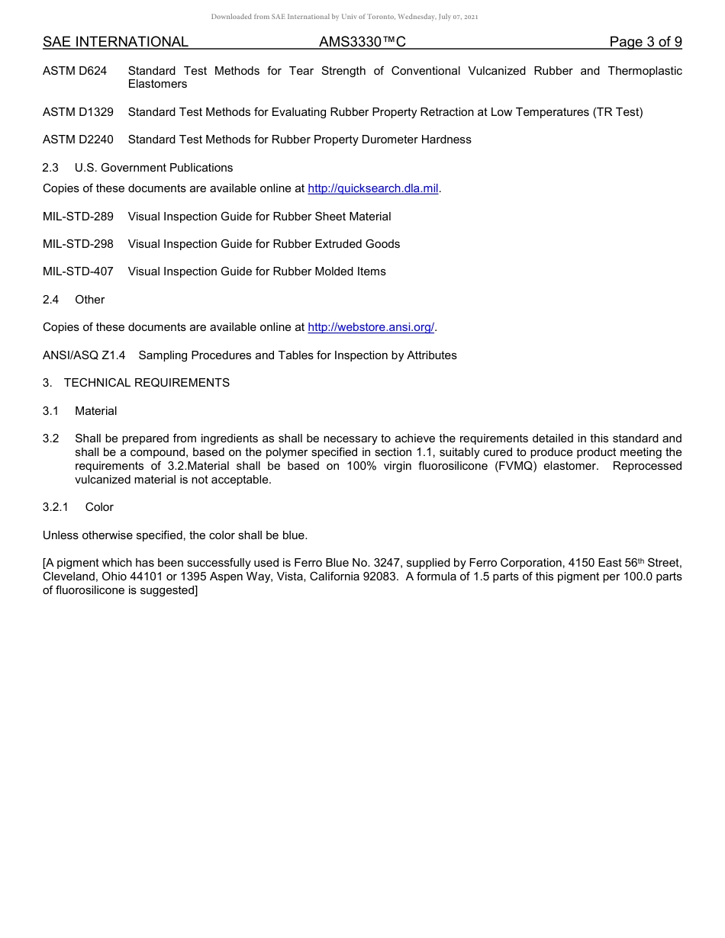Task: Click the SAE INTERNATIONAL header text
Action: click(x=115, y=42)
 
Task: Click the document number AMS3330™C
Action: click(x=362, y=42)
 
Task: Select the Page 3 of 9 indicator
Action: click(x=645, y=42)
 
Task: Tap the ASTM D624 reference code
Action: click(x=75, y=71)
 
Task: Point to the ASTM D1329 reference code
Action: click(x=78, y=112)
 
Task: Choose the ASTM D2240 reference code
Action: click(x=78, y=140)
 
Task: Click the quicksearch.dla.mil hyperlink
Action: click(x=372, y=189)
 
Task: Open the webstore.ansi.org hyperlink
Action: click(x=371, y=327)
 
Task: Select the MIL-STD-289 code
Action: click(x=78, y=217)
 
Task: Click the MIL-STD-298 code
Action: click(x=78, y=244)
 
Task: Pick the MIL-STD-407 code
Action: click(x=78, y=271)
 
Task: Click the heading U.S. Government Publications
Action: click(x=153, y=168)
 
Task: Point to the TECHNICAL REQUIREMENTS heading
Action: click(x=147, y=383)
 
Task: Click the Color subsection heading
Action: click(x=99, y=507)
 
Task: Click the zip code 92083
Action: click(x=382, y=577)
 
